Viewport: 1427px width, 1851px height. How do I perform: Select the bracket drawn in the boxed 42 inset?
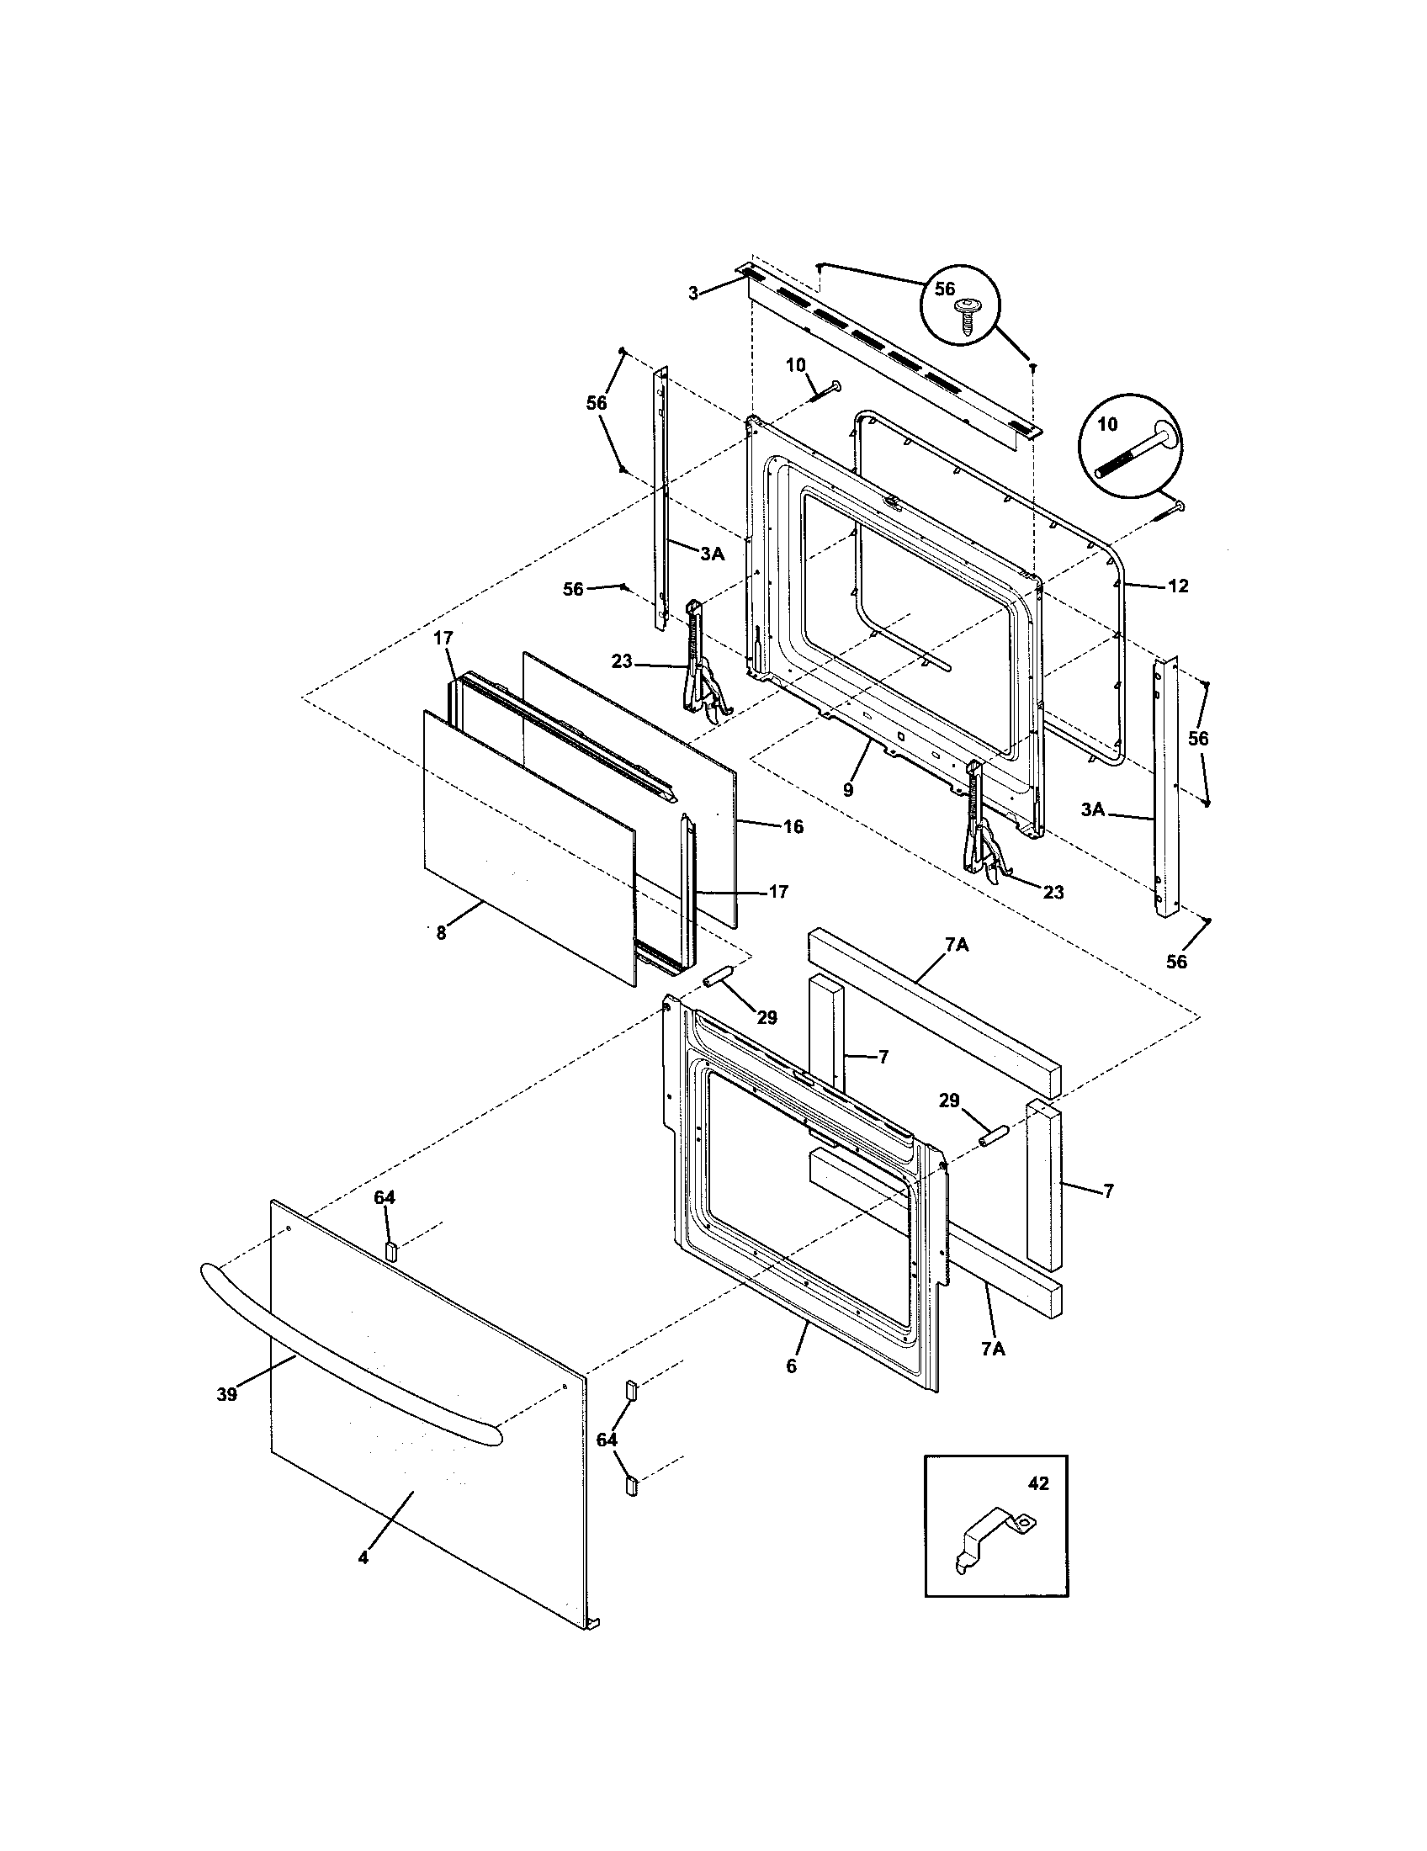tap(992, 1541)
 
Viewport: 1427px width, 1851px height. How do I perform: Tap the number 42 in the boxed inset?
tap(1038, 1483)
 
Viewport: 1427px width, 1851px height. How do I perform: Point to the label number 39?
tap(226, 1394)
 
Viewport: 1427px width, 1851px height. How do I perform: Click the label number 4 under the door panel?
tap(363, 1557)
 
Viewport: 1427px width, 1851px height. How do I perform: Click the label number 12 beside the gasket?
tap(1179, 586)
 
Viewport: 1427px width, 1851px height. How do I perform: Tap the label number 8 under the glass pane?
tap(441, 933)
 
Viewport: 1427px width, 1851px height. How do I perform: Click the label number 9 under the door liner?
tap(848, 789)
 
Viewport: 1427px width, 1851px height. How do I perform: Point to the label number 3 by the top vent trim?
tap(693, 294)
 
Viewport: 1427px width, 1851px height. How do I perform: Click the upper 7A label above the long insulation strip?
tap(957, 945)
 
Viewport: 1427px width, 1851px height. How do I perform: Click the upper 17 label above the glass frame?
tap(444, 639)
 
